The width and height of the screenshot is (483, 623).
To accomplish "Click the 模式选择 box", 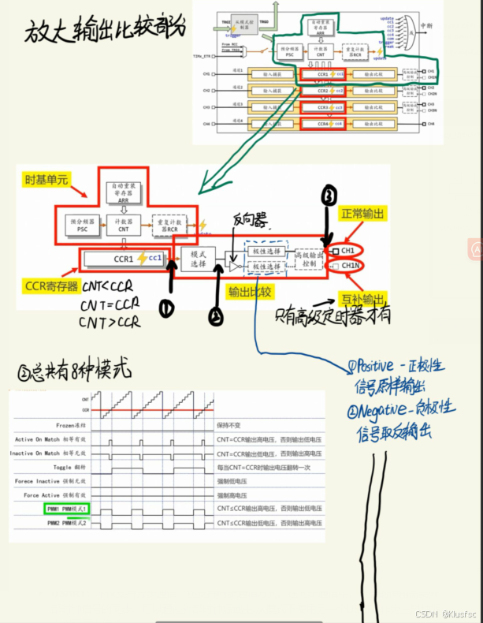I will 198,259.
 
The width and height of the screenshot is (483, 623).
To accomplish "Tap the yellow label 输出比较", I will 251,292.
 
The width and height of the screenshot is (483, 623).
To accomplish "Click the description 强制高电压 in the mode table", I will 235,494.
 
